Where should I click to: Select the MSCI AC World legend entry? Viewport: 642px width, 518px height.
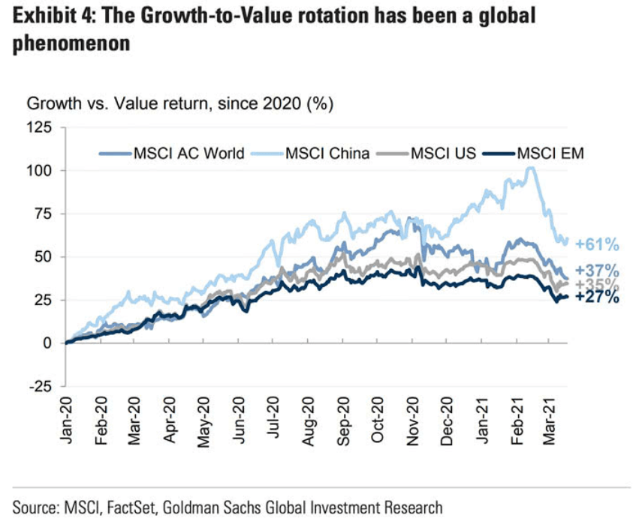pyautogui.click(x=188, y=154)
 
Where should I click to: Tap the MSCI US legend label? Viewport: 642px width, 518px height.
pyautogui.click(x=443, y=154)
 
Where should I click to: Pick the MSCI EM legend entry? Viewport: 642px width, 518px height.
pyautogui.click(x=551, y=154)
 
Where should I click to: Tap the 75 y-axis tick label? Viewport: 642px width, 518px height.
pyautogui.click(x=43, y=214)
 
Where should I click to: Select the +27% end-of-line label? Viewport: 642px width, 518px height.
pyautogui.click(x=598, y=297)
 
